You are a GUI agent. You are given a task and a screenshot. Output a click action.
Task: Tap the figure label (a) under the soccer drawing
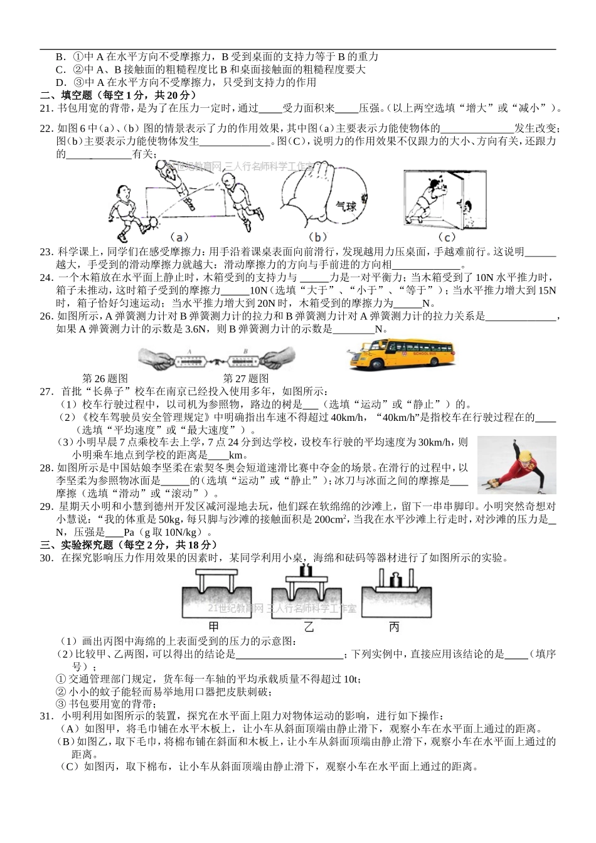179,237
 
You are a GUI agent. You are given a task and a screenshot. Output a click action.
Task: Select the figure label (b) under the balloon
318,236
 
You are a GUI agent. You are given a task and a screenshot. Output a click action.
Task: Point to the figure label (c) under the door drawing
446,236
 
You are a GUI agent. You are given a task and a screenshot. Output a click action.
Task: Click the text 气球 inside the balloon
346,205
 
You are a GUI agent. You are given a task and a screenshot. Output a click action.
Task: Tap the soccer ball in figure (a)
152,222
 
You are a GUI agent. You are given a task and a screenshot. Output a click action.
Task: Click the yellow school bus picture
401,356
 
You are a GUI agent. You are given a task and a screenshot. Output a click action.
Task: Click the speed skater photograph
516,465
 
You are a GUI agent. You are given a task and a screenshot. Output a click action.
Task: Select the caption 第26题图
105,378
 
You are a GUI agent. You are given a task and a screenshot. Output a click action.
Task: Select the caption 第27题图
246,378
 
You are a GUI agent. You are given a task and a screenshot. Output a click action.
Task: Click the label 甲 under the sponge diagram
214,626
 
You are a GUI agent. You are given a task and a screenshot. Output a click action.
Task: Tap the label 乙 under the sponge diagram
308,626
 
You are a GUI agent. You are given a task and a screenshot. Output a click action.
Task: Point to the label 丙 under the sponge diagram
394,626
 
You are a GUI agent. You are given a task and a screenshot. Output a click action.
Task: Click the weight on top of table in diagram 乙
307,570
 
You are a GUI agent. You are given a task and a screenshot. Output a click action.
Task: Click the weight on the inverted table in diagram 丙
395,580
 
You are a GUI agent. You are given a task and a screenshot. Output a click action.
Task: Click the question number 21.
46,108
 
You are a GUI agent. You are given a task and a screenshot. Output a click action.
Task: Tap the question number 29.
46,506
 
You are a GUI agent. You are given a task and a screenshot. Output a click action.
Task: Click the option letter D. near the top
61,82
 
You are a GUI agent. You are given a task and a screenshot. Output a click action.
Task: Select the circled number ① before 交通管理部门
61,679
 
